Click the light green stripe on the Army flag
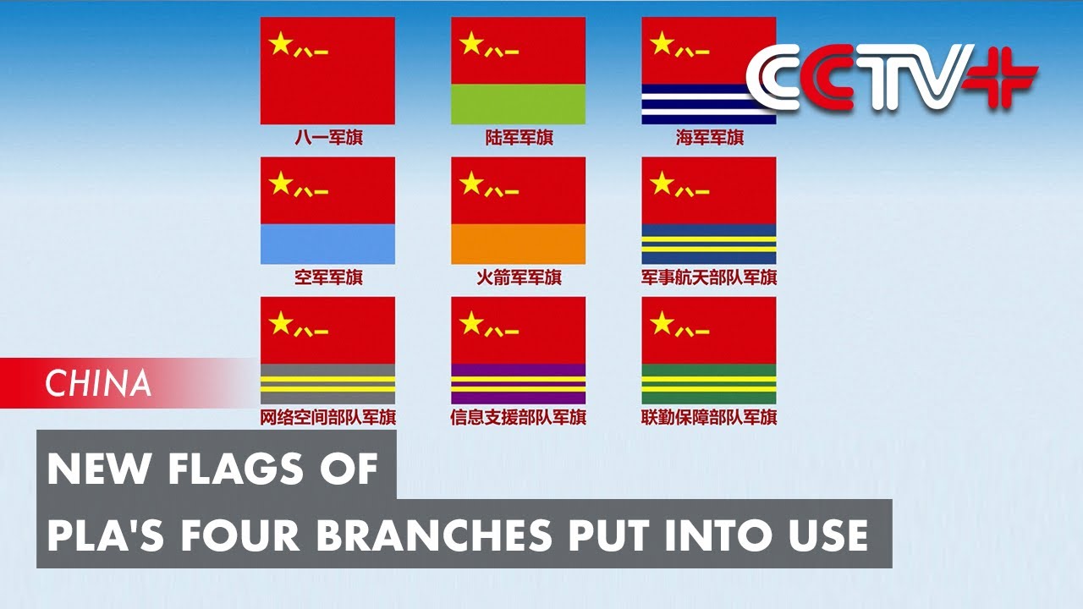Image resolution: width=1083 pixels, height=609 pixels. pos(518,104)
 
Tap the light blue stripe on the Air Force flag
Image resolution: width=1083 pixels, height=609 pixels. pos(327,244)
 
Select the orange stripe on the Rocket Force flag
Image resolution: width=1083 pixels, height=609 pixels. pos(518,244)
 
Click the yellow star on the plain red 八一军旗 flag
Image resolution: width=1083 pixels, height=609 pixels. pos(280,43)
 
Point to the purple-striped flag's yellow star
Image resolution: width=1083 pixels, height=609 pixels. pos(471,322)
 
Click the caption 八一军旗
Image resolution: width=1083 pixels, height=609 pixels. pos(328,137)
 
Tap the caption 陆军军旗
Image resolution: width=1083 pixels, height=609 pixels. pos(519,137)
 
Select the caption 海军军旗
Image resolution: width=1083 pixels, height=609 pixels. pos(709,137)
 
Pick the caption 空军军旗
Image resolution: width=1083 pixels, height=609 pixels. pos(328,277)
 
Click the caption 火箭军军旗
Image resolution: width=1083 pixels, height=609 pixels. pos(519,277)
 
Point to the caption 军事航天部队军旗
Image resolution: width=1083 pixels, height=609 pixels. pos(709,277)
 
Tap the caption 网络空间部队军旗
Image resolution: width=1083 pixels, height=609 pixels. pos(328,416)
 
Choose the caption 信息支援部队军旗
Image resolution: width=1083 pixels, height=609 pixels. pos(519,416)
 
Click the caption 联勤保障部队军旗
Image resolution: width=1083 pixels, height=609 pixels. pos(709,416)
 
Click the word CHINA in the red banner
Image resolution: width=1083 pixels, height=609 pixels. pos(99,384)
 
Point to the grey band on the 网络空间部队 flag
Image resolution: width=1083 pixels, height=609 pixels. pos(327,370)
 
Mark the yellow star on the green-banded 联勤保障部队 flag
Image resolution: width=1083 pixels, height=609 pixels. pos(662,322)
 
